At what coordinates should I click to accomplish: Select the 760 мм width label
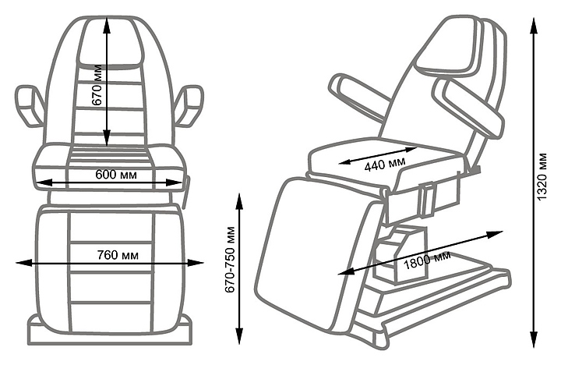pos(113,255)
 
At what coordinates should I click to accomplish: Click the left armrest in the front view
pos(30,107)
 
